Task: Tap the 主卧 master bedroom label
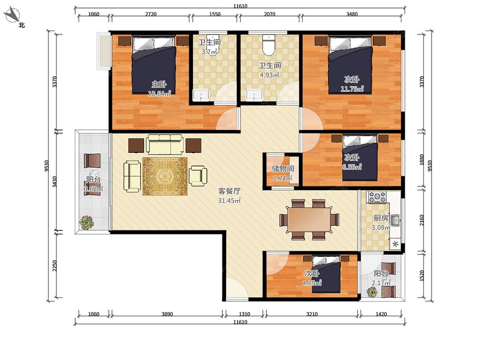click(159, 84)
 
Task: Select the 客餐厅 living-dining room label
click(229, 192)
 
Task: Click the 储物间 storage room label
click(283, 168)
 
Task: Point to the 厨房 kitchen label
click(381, 218)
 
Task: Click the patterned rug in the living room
click(165, 176)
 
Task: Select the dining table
click(309, 220)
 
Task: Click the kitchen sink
click(395, 220)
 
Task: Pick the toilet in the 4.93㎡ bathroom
click(269, 46)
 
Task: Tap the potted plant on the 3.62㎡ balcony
click(87, 222)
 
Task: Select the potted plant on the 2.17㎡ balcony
click(372, 292)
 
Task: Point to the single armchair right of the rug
click(198, 175)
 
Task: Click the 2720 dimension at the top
click(151, 14)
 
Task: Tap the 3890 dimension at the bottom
click(167, 314)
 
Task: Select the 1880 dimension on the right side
click(422, 160)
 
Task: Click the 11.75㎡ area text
click(352, 89)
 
